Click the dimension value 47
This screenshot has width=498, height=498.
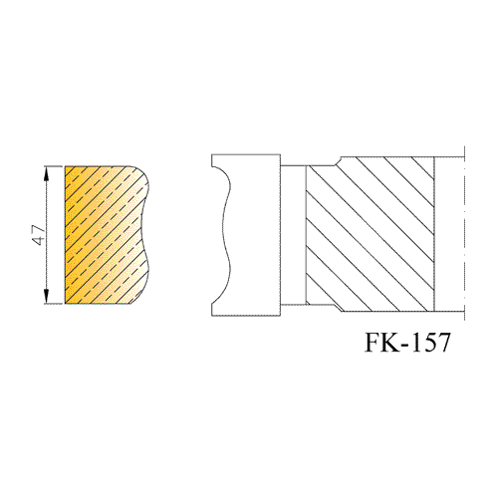[39, 235]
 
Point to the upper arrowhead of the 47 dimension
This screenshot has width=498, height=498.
[47, 173]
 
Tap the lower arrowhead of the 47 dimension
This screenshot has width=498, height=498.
[47, 296]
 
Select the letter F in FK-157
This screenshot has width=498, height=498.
[374, 343]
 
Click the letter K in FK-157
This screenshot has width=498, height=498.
[395, 343]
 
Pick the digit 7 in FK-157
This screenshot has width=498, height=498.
[443, 343]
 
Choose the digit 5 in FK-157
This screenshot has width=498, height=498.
[428, 343]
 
